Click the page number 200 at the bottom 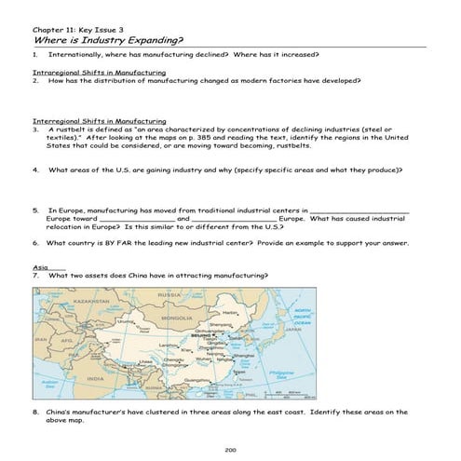(230, 450)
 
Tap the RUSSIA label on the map (169, 295)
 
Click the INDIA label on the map (96, 379)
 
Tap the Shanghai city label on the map (244, 355)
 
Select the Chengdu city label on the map (173, 359)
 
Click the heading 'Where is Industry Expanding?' (108, 41)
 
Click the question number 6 (34, 242)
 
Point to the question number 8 (34, 411)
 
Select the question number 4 (34, 170)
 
